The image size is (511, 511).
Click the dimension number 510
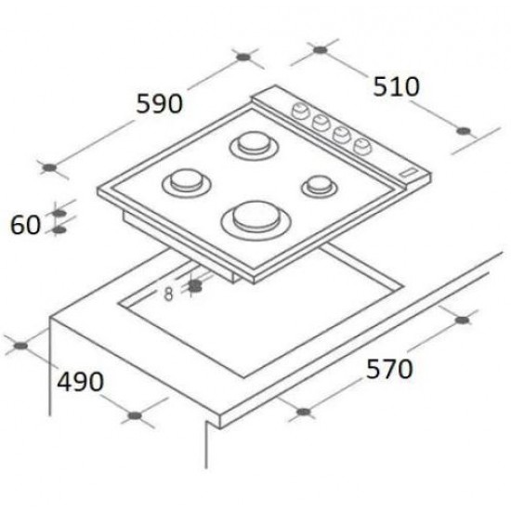(397, 86)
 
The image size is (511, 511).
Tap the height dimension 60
(25, 224)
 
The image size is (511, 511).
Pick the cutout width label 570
(387, 370)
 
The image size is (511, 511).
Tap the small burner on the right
(318, 185)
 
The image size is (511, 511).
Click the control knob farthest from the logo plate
(302, 111)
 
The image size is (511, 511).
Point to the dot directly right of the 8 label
(195, 287)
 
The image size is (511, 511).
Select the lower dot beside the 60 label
(60, 228)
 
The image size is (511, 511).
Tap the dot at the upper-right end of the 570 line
(462, 321)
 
